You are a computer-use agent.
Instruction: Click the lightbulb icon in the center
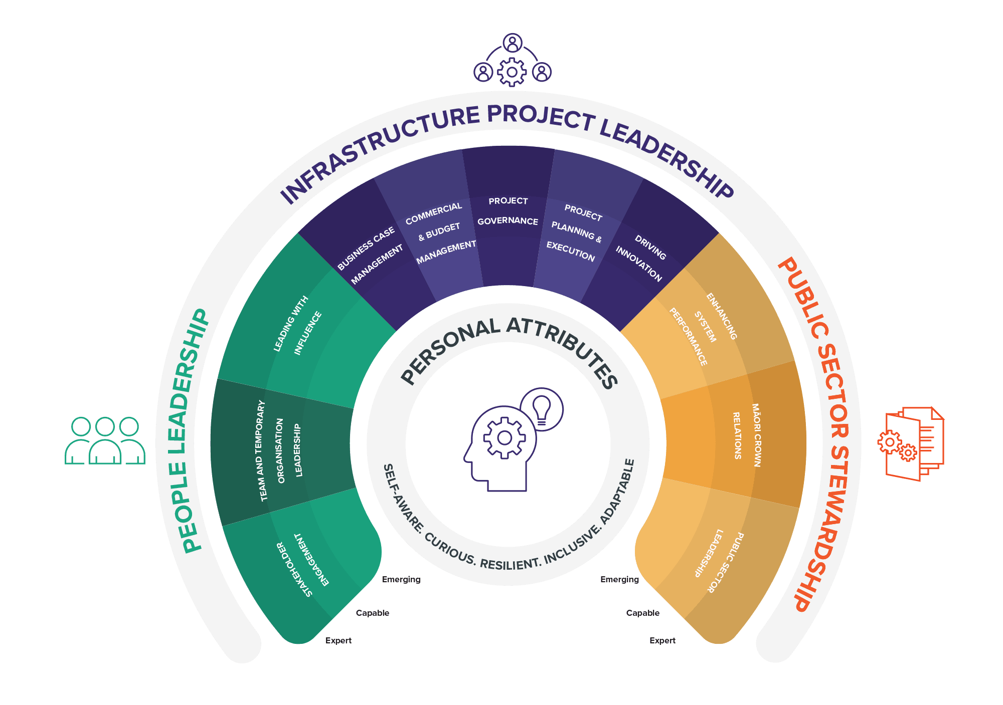click(542, 408)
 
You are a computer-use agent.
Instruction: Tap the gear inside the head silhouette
click(504, 438)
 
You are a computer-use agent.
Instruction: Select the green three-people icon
click(105, 441)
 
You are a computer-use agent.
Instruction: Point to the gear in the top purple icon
click(512, 72)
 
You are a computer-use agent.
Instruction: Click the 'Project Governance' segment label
click(508, 211)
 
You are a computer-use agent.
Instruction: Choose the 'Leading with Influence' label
click(297, 325)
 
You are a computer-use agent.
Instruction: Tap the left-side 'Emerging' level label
click(401, 580)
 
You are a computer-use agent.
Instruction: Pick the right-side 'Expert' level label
click(662, 640)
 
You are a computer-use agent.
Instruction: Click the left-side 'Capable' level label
click(373, 613)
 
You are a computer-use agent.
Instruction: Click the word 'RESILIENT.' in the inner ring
click(510, 563)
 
